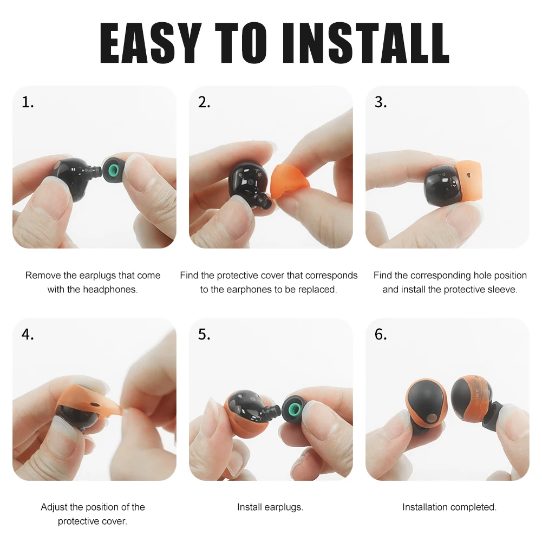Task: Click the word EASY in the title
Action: click(149, 43)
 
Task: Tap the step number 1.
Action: click(28, 102)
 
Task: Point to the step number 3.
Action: click(381, 102)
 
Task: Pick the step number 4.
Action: click(28, 335)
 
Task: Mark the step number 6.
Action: click(381, 335)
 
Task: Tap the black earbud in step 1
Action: click(73, 173)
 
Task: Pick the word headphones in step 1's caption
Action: click(110, 289)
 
